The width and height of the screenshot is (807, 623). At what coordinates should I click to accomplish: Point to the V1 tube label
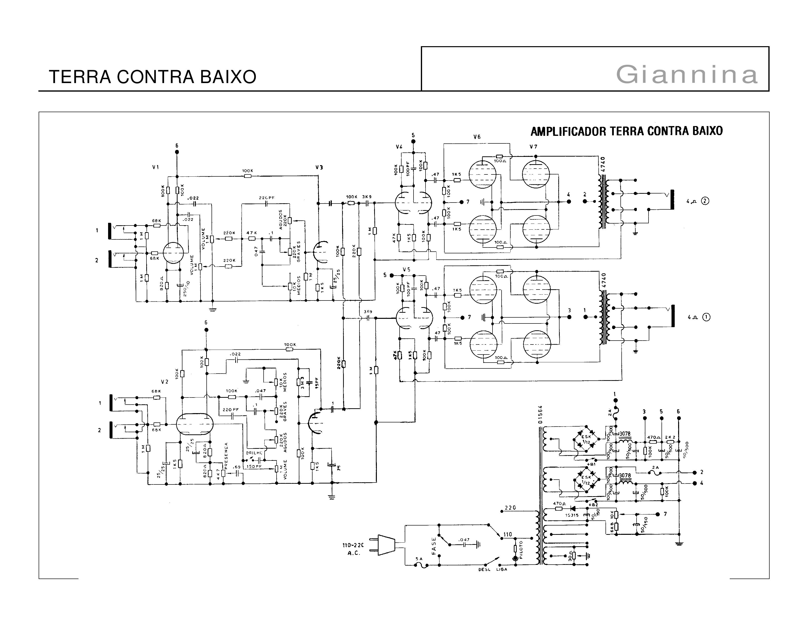pyautogui.click(x=156, y=167)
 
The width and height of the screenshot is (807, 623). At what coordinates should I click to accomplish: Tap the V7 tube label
pyautogui.click(x=533, y=147)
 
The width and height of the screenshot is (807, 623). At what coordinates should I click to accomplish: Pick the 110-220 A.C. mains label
pyautogui.click(x=353, y=549)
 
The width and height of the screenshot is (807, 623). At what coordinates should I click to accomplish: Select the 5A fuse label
pyautogui.click(x=419, y=559)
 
